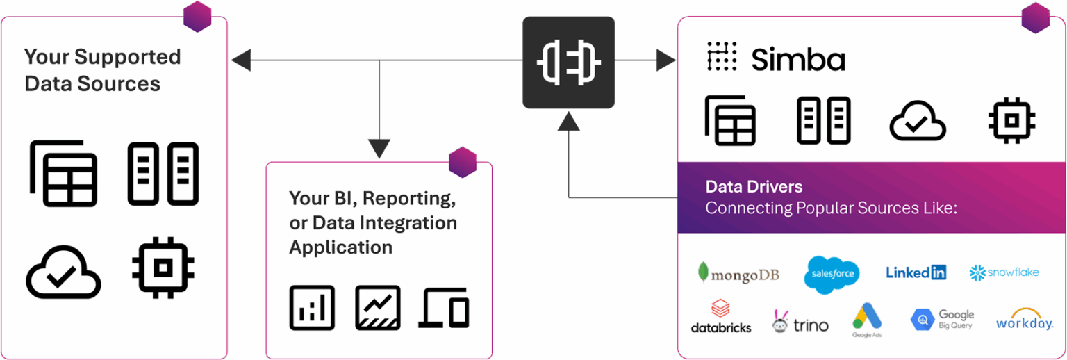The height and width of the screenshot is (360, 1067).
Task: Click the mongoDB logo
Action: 738,273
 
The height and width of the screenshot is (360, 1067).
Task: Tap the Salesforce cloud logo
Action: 832,274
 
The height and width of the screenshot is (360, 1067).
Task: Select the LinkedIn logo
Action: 916,272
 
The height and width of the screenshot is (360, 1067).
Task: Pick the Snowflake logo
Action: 1004,272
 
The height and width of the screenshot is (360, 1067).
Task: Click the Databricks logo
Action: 720,317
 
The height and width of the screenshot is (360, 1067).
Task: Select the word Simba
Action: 798,60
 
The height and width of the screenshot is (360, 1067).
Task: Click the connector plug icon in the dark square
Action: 568,63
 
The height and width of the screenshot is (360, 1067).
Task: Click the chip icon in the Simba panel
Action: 1012,120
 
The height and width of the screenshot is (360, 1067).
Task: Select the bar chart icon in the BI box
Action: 312,307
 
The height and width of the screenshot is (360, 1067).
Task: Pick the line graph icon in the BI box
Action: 377,307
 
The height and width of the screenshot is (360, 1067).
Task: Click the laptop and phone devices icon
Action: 444,309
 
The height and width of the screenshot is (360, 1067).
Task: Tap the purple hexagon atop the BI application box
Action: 463,163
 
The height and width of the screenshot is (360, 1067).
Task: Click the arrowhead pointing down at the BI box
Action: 379,147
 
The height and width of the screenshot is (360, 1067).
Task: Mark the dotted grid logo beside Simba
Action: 722,57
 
